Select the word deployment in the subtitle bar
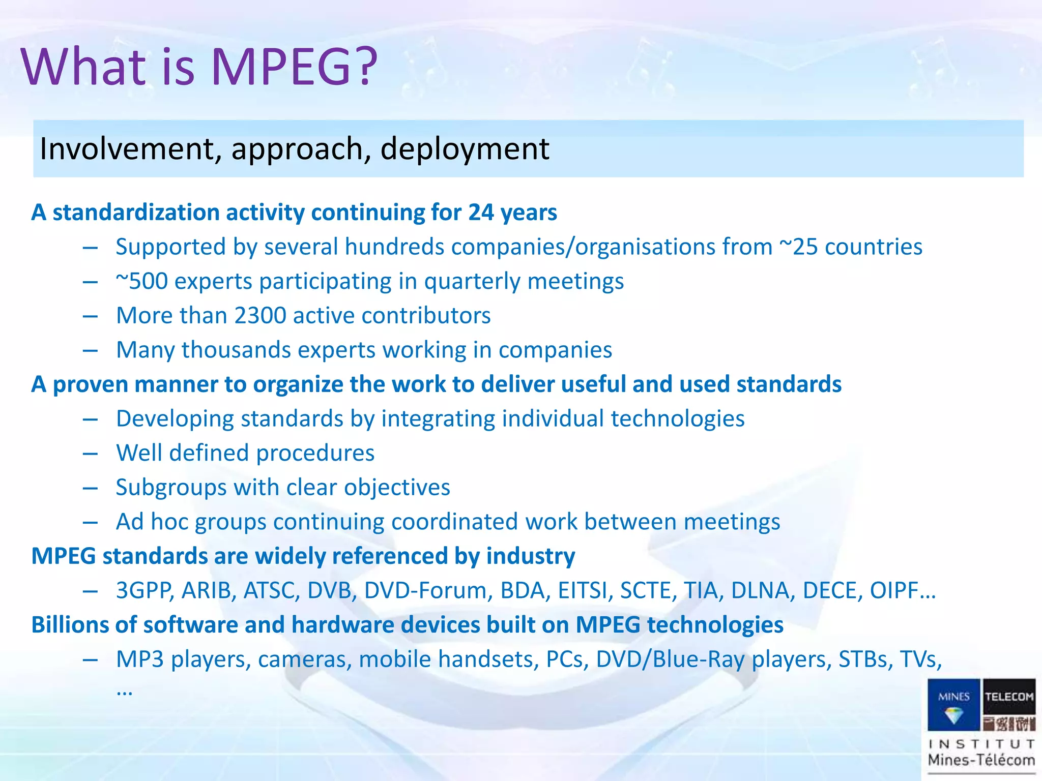465,149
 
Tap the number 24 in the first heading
480,213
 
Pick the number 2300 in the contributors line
260,316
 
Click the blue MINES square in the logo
953,704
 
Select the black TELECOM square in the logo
1009,704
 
